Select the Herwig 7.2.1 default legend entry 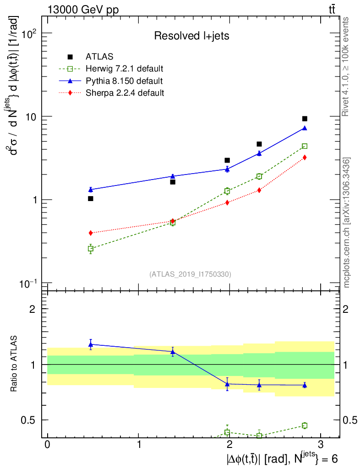click(x=124, y=69)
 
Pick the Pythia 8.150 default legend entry click(x=124, y=81)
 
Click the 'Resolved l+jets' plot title click(x=191, y=36)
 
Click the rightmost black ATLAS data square click(x=305, y=119)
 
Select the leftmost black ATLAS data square click(x=91, y=198)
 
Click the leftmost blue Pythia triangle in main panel click(x=91, y=189)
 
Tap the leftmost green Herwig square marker click(x=91, y=249)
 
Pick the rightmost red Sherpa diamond click(x=305, y=158)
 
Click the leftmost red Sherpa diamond click(x=91, y=233)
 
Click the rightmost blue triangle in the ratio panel click(x=305, y=385)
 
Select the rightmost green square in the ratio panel click(x=305, y=425)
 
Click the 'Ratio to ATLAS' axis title click(x=15, y=365)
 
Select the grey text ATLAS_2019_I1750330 click(x=190, y=274)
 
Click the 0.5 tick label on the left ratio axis click(x=29, y=420)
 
